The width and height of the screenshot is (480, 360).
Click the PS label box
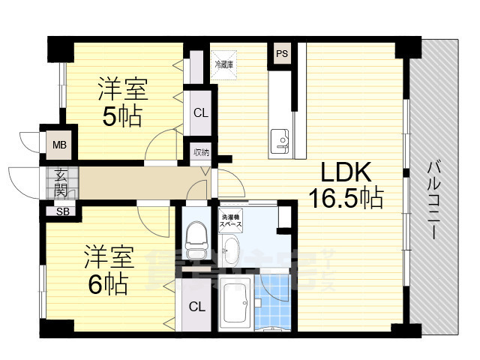point(282,53)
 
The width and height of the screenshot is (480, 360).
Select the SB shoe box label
point(63,211)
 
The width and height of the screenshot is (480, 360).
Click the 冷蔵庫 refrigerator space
point(223,64)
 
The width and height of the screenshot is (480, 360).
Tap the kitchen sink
point(281,140)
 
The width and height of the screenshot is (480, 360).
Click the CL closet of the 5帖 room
point(200,113)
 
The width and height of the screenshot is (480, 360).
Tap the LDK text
point(346,172)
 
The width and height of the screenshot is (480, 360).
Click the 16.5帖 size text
point(346,198)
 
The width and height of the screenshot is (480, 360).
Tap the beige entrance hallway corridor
point(135,182)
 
